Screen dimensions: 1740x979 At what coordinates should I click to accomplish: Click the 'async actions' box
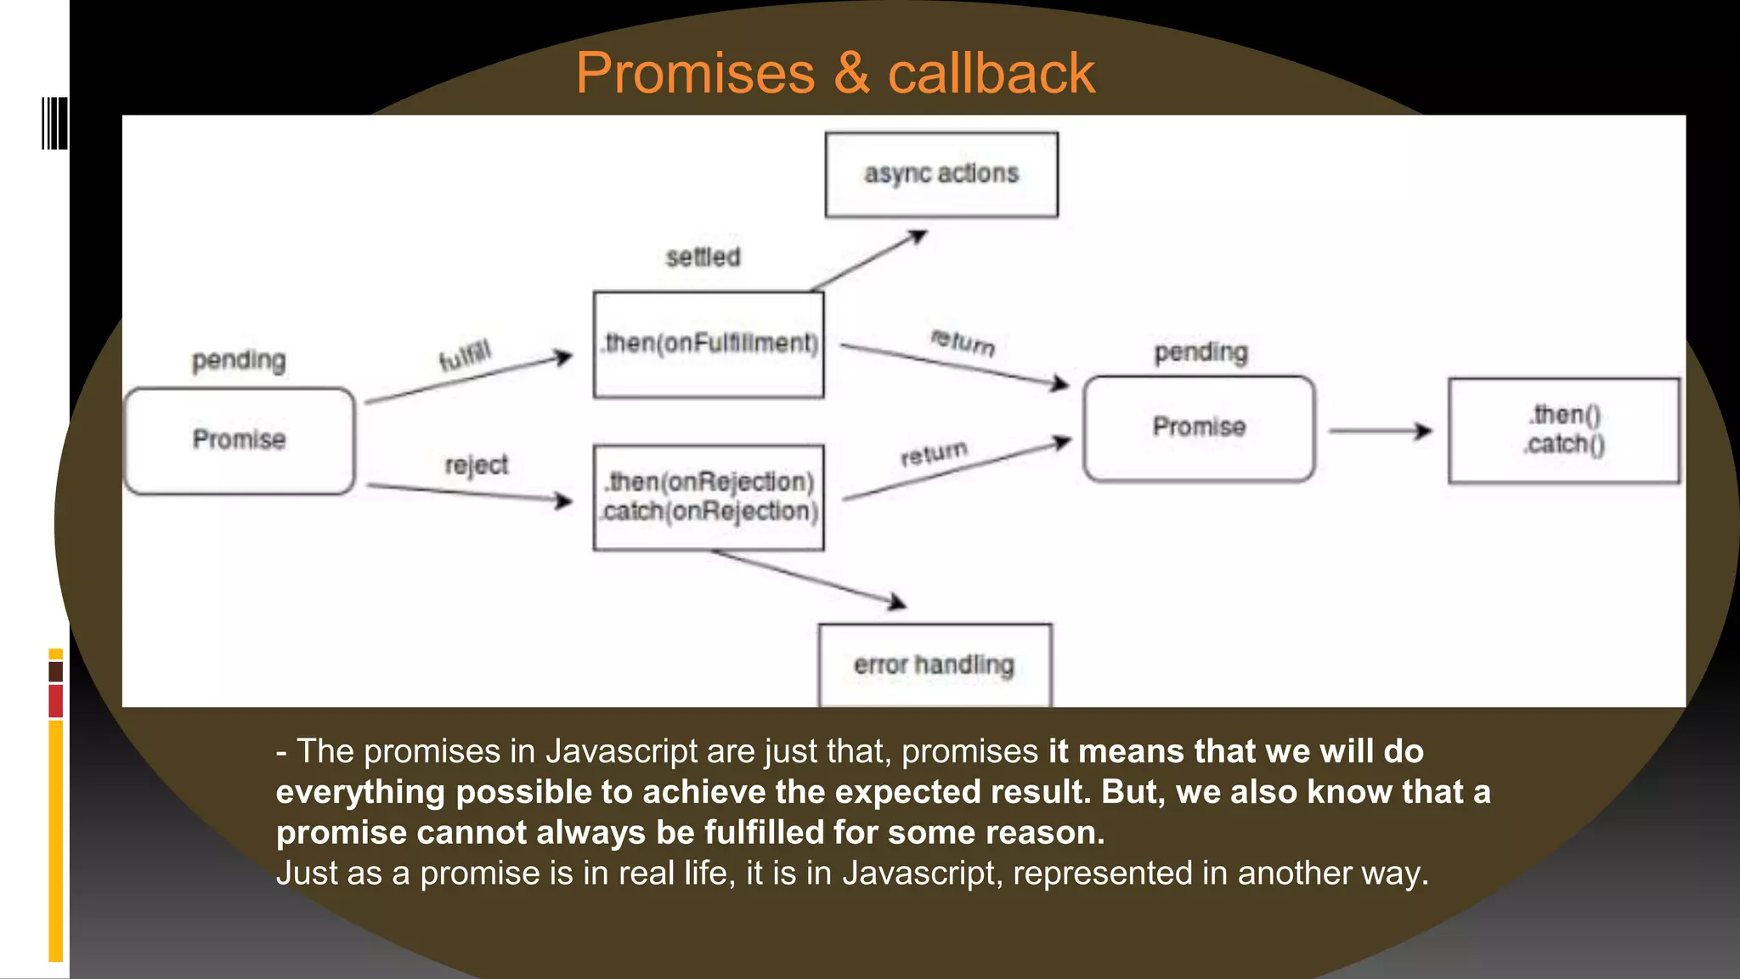[x=941, y=174]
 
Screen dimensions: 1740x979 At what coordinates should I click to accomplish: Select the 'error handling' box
[x=935, y=665]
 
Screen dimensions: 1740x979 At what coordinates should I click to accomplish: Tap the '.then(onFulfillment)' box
[x=709, y=344]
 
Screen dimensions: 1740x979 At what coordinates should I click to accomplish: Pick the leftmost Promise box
[x=240, y=440]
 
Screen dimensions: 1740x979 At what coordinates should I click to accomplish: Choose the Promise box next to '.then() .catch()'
[x=1199, y=428]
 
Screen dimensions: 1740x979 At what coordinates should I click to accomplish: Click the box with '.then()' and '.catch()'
[x=1563, y=430]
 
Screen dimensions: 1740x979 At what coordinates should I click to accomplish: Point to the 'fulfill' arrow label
[x=465, y=355]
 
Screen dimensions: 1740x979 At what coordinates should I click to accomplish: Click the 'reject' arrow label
[x=476, y=465]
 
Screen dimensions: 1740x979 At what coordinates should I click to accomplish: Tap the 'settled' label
[x=703, y=257]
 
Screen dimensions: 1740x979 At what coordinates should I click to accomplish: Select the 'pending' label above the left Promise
[x=239, y=360]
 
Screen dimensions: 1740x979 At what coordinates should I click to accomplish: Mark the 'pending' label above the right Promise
[x=1200, y=352]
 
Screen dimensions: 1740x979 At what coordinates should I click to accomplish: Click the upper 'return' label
[x=963, y=342]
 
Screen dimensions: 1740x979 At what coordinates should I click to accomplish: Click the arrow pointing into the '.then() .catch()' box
[x=1380, y=432]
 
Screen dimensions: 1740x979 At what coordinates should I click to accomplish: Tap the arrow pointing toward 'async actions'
[x=868, y=262]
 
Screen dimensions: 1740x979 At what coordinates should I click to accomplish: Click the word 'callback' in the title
[x=991, y=73]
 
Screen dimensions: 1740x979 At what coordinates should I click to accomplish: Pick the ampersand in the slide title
[x=851, y=73]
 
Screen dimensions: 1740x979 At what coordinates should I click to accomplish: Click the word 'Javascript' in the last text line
[x=918, y=874]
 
